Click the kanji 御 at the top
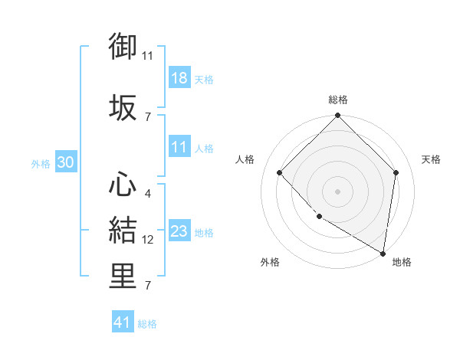(x=123, y=48)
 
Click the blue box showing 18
(x=179, y=79)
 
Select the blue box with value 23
(x=179, y=232)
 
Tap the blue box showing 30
(x=65, y=163)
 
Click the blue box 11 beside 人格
(x=179, y=148)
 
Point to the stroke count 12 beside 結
(x=148, y=240)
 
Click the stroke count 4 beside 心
(x=147, y=194)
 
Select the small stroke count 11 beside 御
(x=148, y=56)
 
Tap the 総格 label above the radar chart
(x=338, y=100)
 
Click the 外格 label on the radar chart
(x=270, y=262)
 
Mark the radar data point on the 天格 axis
(x=396, y=172)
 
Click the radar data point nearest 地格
(x=383, y=253)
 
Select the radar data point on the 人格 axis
(x=280, y=172)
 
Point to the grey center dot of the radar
(x=338, y=191)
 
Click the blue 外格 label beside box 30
(x=41, y=163)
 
